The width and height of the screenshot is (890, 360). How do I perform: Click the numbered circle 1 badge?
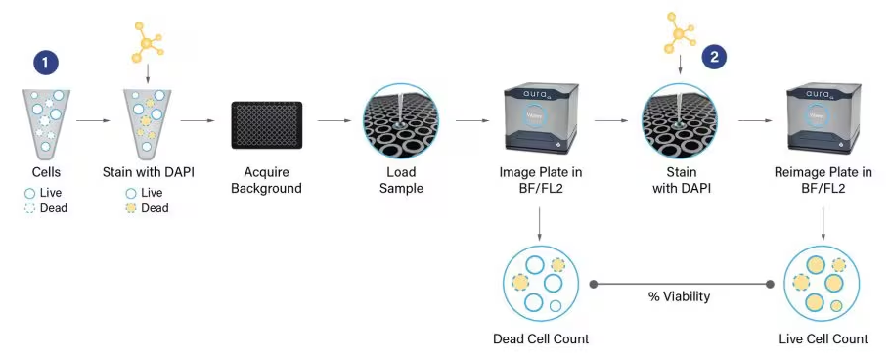coord(45,64)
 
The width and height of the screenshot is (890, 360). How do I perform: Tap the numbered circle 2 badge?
coord(714,56)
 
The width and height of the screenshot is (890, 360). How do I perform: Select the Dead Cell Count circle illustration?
coord(541,283)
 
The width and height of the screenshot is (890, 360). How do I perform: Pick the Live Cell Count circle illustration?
coord(823,283)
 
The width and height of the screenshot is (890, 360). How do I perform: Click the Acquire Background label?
coord(266,180)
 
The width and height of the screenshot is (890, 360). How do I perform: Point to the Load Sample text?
coord(402,180)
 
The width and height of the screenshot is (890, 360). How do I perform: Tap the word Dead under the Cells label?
coord(53,207)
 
